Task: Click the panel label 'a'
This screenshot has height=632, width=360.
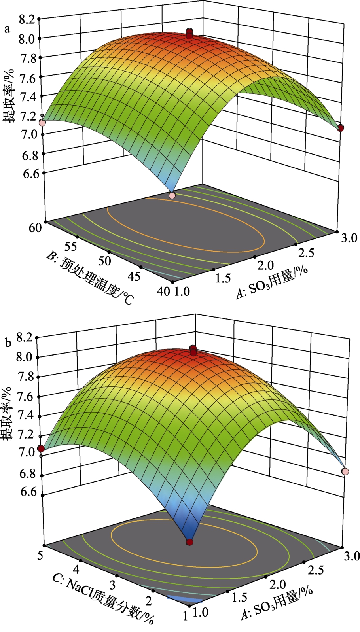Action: point(6,29)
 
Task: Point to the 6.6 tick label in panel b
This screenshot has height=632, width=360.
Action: point(26,492)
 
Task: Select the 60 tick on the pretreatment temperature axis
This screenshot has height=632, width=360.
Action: point(35,228)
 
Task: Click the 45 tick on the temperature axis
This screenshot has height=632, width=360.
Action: point(134,276)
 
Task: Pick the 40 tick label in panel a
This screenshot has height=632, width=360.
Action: point(163,291)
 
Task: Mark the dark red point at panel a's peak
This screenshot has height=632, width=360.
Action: point(189,33)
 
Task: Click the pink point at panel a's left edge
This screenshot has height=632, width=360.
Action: point(42,123)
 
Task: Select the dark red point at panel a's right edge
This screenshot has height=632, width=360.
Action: point(341,127)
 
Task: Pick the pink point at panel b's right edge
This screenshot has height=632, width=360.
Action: point(345,471)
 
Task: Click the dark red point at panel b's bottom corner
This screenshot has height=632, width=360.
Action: point(190,542)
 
